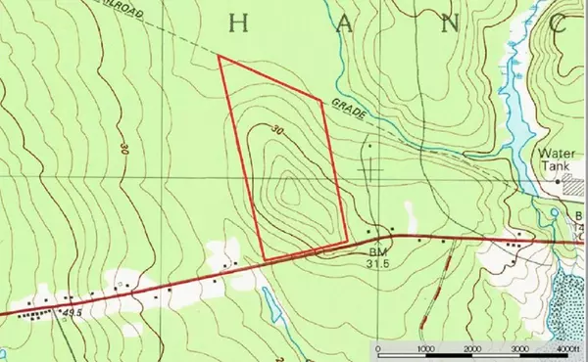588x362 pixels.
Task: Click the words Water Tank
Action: pos(556,159)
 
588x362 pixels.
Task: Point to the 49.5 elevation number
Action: pos(70,312)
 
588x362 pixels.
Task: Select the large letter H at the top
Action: pos(238,21)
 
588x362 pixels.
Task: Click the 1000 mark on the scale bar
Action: pos(425,349)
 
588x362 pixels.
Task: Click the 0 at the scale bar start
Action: pos(380,349)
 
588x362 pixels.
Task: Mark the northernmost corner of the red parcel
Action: pos(219,57)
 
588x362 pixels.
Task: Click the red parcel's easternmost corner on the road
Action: pos(346,240)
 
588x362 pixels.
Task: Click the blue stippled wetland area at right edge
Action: pos(567,303)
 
